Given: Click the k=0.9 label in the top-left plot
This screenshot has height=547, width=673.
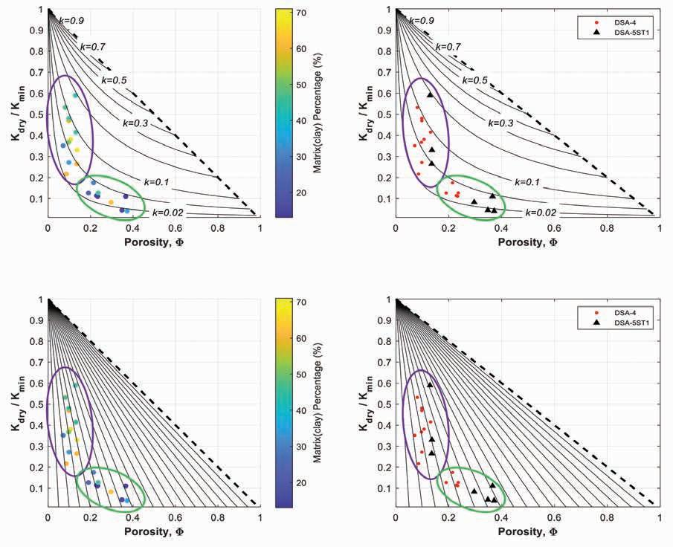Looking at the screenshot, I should (71, 21).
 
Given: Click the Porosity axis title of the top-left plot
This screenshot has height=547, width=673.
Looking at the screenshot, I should (153, 242).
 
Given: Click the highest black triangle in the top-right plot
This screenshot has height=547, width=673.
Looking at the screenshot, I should (430, 95).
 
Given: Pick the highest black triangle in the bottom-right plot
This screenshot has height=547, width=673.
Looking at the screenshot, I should (430, 385).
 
